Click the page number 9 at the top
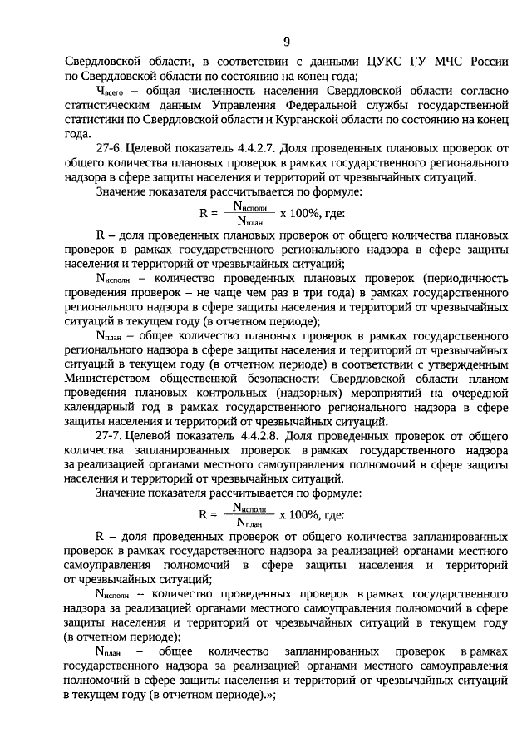286,42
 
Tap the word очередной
478,392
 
